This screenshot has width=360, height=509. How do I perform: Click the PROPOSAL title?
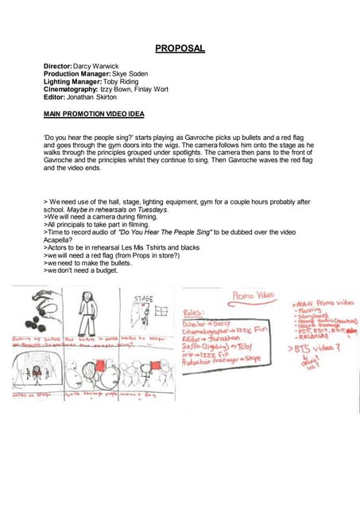pyautogui.click(x=180, y=49)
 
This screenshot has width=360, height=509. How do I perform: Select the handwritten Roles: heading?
pyautogui.click(x=195, y=313)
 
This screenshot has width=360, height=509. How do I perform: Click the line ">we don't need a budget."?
pyautogui.click(x=80, y=271)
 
